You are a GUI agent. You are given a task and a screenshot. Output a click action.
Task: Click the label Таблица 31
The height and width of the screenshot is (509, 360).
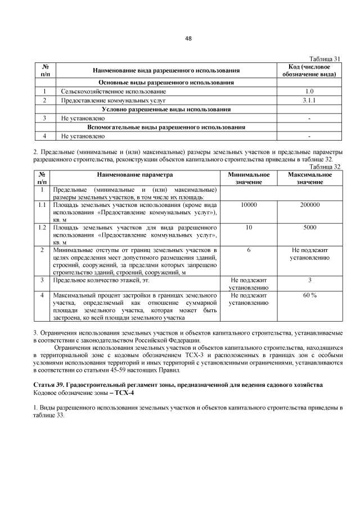[x=326, y=58]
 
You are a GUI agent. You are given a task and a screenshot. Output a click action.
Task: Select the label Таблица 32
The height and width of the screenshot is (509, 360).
[x=326, y=166]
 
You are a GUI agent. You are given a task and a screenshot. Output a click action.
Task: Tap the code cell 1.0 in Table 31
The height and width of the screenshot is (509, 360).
[x=309, y=91]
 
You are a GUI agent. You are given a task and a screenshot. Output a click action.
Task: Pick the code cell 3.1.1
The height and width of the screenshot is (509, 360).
[x=309, y=100]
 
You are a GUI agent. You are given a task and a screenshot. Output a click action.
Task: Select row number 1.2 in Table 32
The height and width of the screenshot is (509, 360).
[x=42, y=227]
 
